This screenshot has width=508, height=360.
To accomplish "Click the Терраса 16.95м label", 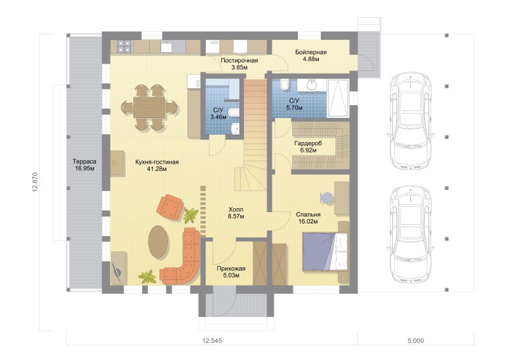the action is tap(84, 164).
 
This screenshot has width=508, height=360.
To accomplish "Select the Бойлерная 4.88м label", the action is tap(311, 55).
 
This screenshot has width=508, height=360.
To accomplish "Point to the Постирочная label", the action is tap(239, 60).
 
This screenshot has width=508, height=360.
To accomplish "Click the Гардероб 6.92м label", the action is tap(308, 147).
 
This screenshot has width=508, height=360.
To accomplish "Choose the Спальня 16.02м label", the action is tap(308, 218).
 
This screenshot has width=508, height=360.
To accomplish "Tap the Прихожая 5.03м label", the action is tap(231, 272).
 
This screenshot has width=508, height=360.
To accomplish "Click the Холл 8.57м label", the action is tap(236, 213).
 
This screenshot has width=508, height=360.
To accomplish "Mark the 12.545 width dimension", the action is tap(212, 340).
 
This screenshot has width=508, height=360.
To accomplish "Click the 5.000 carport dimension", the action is tap(416, 340).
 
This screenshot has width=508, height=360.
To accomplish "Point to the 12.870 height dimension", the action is tap(36, 182).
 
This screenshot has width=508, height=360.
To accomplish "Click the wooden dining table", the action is tap(149, 107).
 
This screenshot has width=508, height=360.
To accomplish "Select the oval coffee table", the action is tap(158, 241).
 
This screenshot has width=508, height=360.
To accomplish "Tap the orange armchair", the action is tap(170, 208).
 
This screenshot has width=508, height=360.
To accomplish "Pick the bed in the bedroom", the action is tap(325, 251).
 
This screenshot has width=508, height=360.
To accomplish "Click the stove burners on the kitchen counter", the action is tap(125, 46).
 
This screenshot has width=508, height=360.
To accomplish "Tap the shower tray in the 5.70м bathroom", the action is tap(338, 98).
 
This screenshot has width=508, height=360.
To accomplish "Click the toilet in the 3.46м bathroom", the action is tap(233, 112).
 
